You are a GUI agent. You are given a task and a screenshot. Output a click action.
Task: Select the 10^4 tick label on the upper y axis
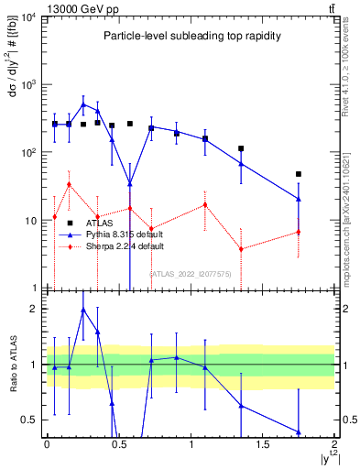(x=27, y=17)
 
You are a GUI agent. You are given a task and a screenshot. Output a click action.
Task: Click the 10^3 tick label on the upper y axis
(x=27, y=84)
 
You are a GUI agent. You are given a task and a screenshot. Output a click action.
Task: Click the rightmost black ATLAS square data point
(x=299, y=174)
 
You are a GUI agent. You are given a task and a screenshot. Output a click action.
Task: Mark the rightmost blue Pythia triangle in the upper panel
(x=299, y=199)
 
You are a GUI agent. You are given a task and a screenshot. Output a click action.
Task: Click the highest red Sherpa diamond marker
(x=69, y=184)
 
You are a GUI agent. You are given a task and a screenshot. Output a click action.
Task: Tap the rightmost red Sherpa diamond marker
(x=299, y=232)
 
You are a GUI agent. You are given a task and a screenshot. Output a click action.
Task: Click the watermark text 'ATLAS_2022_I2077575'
(x=191, y=273)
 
